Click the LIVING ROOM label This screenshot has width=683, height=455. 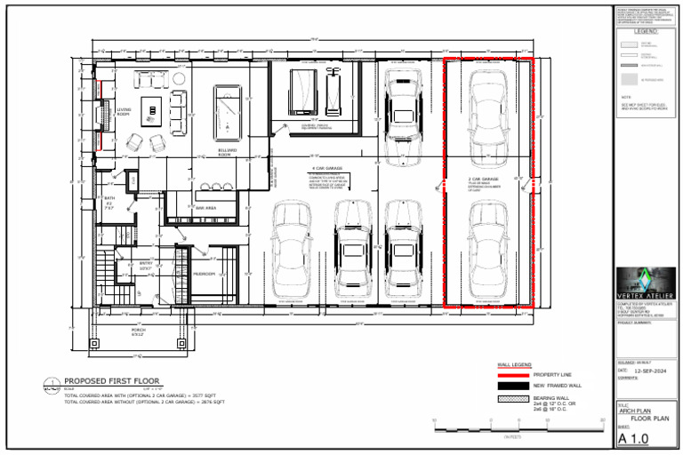click(x=124, y=112)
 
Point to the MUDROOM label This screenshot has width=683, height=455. click(x=205, y=274)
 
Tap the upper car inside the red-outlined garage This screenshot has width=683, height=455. click(x=488, y=109)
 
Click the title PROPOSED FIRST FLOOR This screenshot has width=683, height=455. click(x=110, y=380)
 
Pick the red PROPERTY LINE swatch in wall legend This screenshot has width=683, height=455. click(x=510, y=375)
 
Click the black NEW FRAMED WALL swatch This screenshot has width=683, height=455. click(x=510, y=387)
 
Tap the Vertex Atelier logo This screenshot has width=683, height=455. click(x=645, y=281)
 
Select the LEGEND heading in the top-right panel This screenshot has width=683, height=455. click(x=645, y=31)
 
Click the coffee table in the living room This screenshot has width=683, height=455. click(x=152, y=110)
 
